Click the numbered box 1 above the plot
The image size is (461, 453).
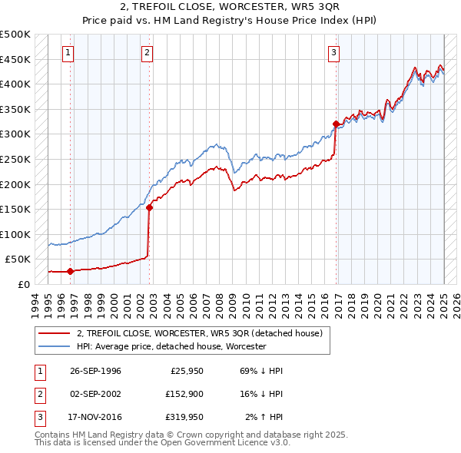click(x=68, y=53)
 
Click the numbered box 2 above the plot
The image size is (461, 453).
click(x=147, y=53)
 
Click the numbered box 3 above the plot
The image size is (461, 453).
click(x=334, y=53)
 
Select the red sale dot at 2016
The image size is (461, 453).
click(x=336, y=124)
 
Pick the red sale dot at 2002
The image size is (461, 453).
click(x=150, y=207)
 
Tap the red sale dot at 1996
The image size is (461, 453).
click(x=70, y=271)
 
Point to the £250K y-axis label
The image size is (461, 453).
click(x=15, y=159)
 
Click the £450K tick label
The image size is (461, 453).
click(x=15, y=59)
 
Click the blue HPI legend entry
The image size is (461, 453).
click(x=171, y=346)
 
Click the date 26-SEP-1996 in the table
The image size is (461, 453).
click(x=95, y=371)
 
